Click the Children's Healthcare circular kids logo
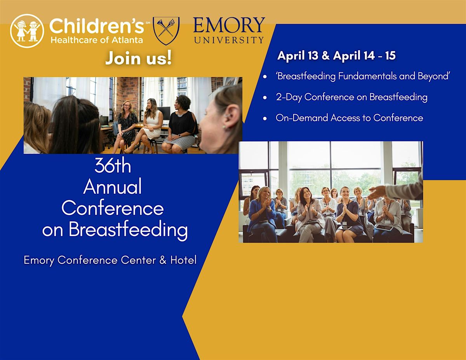(x=27, y=31)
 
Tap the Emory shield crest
(x=166, y=31)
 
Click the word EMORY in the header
(x=229, y=25)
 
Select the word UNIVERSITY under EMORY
(x=229, y=40)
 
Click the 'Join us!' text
(x=139, y=58)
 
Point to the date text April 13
(x=297, y=56)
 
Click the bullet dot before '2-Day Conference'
(x=265, y=97)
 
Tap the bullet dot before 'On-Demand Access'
(x=265, y=118)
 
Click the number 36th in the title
(x=113, y=165)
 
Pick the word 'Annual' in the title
(x=113, y=186)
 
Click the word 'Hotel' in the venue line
(x=183, y=260)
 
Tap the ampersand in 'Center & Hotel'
(x=163, y=260)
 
